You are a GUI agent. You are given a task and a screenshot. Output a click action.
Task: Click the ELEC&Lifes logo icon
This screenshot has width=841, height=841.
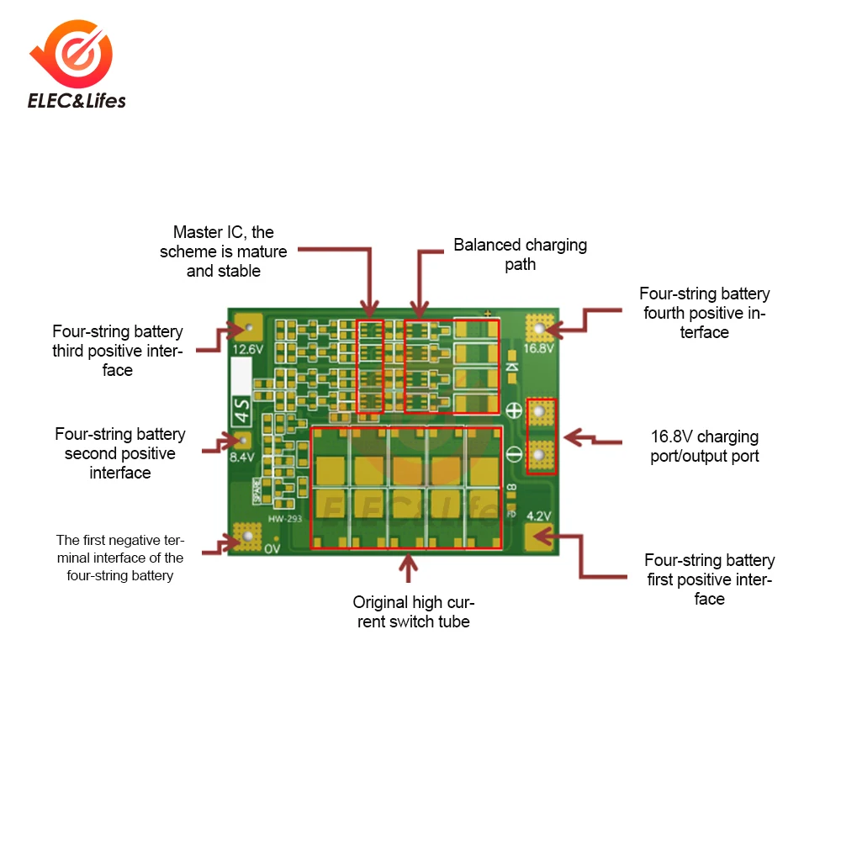point(76,55)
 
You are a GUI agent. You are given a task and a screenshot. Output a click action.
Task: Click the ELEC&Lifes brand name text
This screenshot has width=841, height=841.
point(77,102)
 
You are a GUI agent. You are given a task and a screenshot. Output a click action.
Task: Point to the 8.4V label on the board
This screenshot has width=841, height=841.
point(241,458)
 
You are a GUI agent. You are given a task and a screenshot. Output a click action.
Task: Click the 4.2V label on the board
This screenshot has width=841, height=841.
point(538,516)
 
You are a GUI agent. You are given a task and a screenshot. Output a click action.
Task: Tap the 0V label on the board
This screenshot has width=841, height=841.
point(272,549)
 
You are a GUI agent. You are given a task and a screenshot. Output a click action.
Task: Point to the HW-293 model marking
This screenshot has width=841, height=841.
point(285,519)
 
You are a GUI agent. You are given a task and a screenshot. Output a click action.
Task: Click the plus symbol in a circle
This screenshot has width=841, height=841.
point(515,411)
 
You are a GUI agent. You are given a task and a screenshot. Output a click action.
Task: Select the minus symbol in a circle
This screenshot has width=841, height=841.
point(515,456)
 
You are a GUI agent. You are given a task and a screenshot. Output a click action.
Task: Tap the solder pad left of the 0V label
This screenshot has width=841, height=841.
point(246,536)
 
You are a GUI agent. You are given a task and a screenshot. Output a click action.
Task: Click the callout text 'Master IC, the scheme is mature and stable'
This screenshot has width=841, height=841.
point(224,251)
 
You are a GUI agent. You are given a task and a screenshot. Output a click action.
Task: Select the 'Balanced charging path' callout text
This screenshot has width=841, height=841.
point(520,255)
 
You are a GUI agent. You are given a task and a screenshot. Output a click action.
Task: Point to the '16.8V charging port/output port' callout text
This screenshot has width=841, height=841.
point(705,447)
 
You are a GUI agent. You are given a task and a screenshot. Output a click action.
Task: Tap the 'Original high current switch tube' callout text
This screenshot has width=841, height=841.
point(412,611)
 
